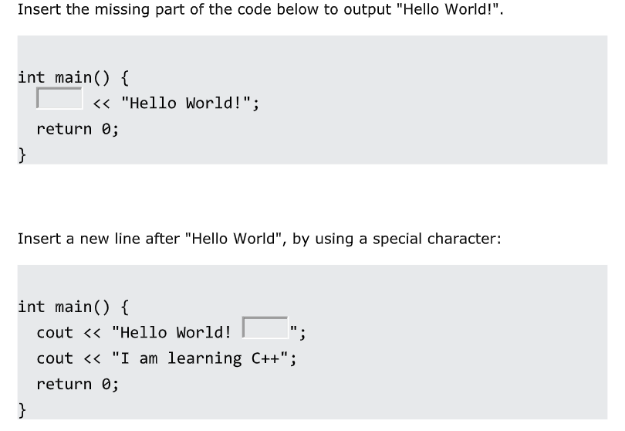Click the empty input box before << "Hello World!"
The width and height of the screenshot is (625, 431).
(59, 98)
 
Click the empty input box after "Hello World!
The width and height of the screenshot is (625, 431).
(265, 327)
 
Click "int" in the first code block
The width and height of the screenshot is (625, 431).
(32, 77)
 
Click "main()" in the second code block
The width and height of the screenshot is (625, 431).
(84, 307)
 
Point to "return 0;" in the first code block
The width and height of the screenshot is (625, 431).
(77, 128)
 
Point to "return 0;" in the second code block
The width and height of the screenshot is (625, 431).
(77, 383)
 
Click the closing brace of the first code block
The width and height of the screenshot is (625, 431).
(22, 154)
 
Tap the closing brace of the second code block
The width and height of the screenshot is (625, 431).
(22, 409)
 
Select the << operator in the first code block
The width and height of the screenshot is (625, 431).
(101, 103)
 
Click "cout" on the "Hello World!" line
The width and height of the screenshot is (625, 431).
(55, 332)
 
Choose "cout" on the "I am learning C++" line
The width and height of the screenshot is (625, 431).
(55, 358)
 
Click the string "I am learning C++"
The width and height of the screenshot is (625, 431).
(204, 358)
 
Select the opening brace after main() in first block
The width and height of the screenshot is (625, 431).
(124, 77)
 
